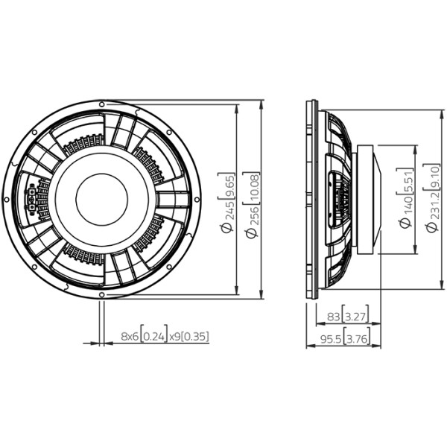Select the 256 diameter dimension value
click(x=253, y=214)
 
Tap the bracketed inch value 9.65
click(x=227, y=186)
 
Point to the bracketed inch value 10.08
click(x=253, y=188)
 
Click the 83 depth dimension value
click(x=333, y=317)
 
